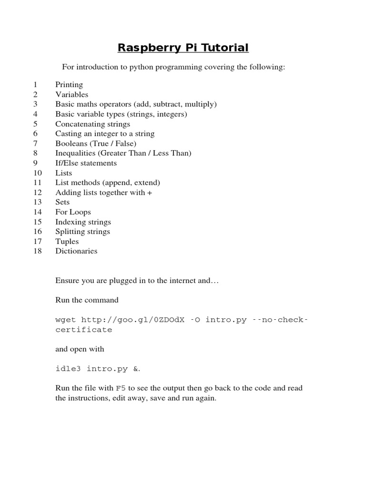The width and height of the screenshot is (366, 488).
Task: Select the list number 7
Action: coord(35,143)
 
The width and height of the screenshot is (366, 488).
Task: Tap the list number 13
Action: coord(38,202)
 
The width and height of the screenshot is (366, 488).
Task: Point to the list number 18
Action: coord(38,251)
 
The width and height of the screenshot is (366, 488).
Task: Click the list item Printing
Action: coord(69,85)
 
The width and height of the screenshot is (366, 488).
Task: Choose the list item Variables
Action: coord(71,94)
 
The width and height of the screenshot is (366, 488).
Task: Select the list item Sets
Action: coord(62,202)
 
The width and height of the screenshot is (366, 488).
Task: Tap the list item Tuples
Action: coord(67,242)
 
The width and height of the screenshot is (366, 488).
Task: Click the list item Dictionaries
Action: coord(76,251)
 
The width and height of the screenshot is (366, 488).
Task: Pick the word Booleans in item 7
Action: coord(71,143)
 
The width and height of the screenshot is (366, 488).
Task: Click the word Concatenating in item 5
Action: coord(78,124)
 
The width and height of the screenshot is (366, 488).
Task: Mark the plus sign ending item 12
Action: coord(150,193)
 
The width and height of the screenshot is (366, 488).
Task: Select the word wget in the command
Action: coord(66,320)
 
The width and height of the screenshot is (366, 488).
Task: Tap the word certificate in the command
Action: coord(84,330)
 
